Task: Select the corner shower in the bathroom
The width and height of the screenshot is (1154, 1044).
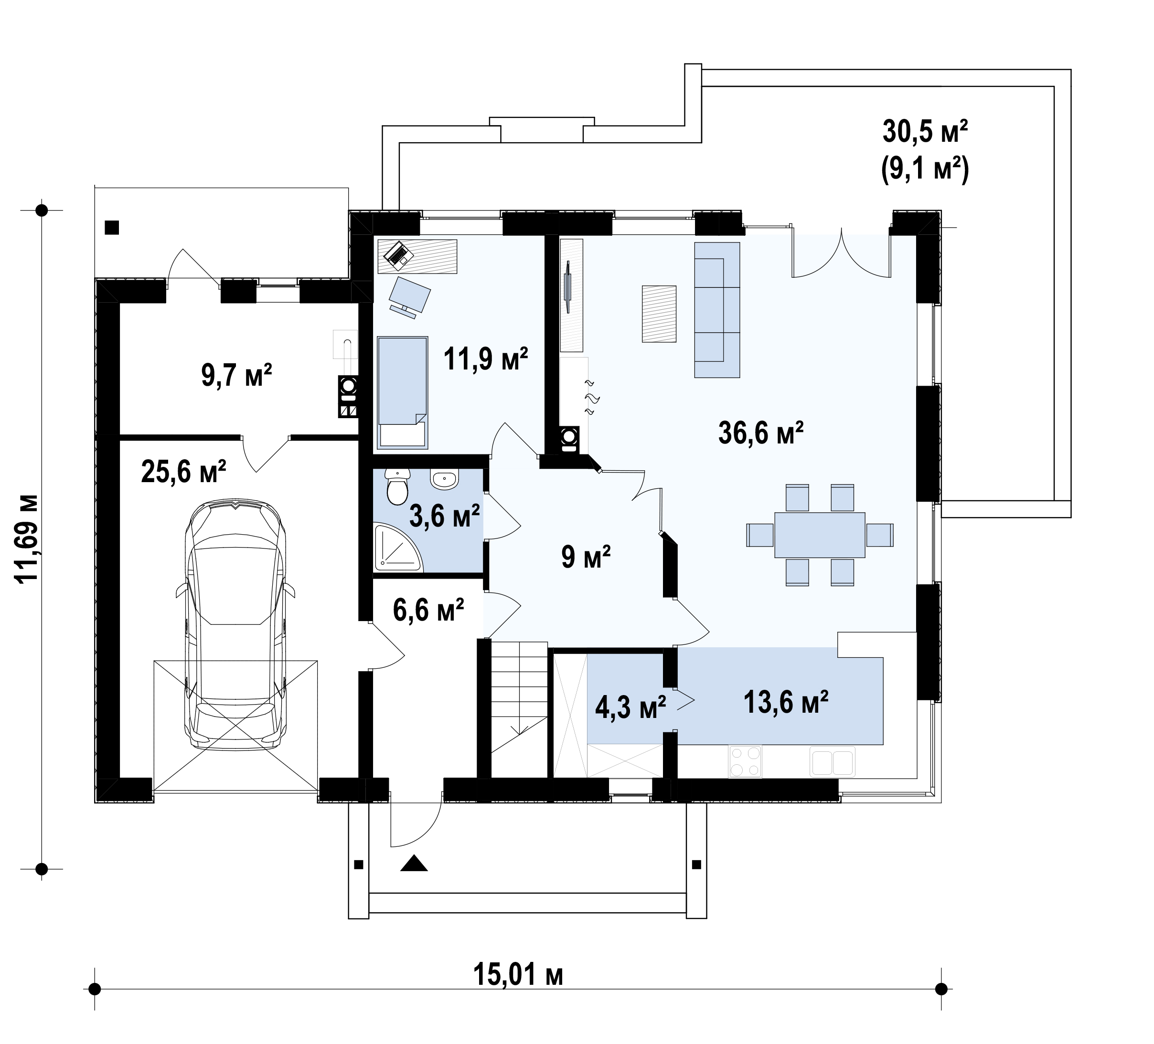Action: click(397, 548)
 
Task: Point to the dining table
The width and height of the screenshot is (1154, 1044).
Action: click(820, 535)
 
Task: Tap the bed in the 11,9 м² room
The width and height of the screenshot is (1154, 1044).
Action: click(402, 392)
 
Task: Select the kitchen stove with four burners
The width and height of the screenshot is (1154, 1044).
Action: click(745, 761)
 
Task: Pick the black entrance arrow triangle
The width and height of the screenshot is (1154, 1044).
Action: click(414, 863)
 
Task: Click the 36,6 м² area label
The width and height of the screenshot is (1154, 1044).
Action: click(761, 433)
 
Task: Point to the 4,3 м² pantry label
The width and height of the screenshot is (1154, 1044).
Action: click(630, 707)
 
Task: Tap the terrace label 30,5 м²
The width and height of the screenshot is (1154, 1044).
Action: click(925, 132)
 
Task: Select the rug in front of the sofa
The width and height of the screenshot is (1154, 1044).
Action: click(659, 314)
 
